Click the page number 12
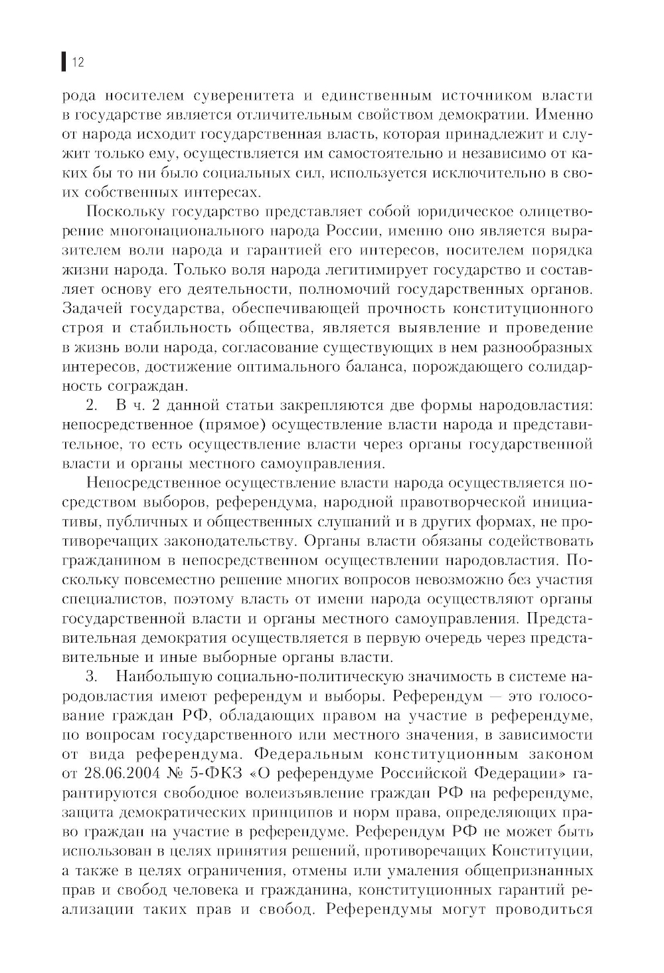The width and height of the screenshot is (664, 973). pos(77,63)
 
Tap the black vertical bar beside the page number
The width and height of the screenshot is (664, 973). pos(63,63)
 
